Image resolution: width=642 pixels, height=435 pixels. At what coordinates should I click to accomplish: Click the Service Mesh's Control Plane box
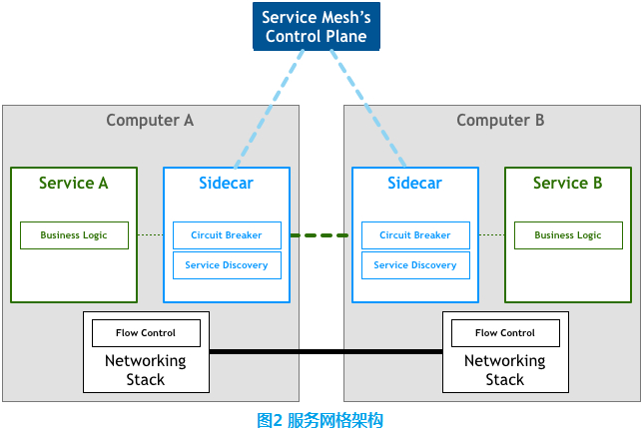316,27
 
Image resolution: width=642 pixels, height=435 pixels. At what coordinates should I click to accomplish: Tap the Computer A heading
150,121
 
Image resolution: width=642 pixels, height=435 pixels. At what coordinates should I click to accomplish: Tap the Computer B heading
500,121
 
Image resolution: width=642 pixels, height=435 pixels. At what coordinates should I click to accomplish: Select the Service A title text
73,184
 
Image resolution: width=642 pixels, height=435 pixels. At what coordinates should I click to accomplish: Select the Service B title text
567,184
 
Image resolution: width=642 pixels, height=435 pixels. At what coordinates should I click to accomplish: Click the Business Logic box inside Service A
74,235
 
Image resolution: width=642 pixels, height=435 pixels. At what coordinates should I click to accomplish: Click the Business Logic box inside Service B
568,235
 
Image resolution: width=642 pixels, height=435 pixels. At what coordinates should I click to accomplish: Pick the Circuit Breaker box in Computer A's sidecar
227,235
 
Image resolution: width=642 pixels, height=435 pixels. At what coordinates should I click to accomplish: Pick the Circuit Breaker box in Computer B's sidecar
415,235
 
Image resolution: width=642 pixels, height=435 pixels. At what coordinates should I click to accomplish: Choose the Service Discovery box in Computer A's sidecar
227,265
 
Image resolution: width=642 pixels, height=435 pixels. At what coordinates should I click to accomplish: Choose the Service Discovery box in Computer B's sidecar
415,265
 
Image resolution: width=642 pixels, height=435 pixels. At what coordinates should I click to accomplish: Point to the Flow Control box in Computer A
146,333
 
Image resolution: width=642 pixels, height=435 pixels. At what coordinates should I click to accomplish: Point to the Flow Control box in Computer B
505,333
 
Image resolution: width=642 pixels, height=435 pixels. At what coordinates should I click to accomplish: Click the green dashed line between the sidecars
320,235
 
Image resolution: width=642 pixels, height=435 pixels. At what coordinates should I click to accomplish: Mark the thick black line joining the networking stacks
325,351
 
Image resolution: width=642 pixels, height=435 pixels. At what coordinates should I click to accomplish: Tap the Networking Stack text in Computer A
146,370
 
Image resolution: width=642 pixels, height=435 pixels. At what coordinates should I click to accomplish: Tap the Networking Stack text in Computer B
505,370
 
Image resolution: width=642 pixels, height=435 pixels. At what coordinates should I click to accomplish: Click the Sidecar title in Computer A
226,184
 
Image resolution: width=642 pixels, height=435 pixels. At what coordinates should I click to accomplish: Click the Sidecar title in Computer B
414,184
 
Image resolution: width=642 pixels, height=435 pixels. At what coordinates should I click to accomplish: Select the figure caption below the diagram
321,420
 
